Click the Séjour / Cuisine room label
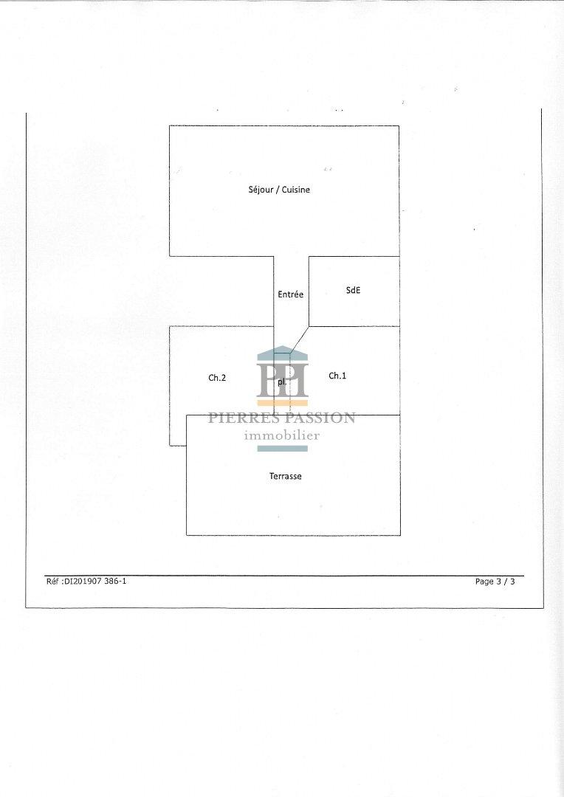[x=279, y=190]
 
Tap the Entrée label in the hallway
[x=290, y=294]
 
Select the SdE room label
[x=353, y=290]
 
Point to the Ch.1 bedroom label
[x=337, y=376]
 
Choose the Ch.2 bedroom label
[x=217, y=378]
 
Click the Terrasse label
[x=285, y=476]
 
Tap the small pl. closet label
[x=282, y=382]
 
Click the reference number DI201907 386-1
[x=95, y=581]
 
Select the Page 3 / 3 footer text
[x=495, y=582]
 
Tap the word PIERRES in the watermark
[x=244, y=418]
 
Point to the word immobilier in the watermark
[x=282, y=435]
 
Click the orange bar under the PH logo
[x=282, y=403]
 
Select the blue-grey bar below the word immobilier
[x=282, y=449]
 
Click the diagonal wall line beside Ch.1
[x=299, y=339]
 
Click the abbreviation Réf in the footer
[x=53, y=581]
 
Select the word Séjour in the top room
[x=261, y=190]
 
